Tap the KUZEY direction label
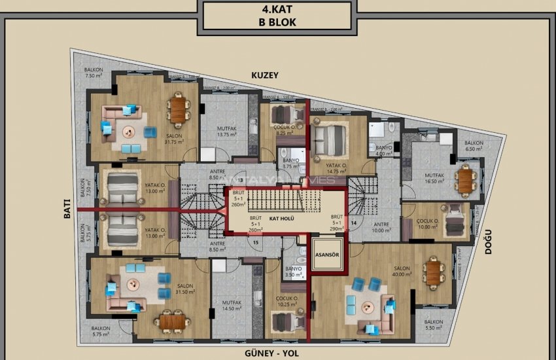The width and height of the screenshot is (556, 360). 265,75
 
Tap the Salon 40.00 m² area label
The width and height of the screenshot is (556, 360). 401,272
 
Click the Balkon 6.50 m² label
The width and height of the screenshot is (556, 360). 474,146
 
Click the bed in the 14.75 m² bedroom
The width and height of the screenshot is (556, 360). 327,139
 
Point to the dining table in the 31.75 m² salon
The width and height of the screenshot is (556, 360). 177,109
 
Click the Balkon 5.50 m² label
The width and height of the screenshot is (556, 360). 433,326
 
